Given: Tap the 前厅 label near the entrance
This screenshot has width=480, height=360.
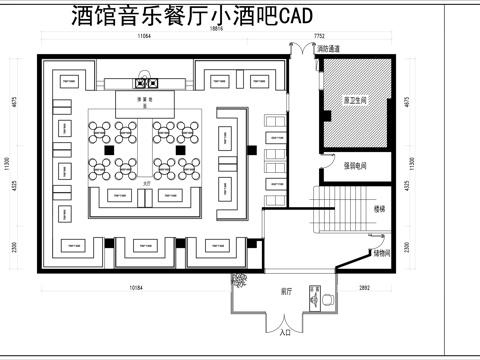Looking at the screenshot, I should (x=285, y=291).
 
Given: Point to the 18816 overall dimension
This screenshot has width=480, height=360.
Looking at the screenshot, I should (x=216, y=29).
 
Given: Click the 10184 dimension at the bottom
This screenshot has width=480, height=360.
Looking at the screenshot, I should (x=138, y=289).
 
